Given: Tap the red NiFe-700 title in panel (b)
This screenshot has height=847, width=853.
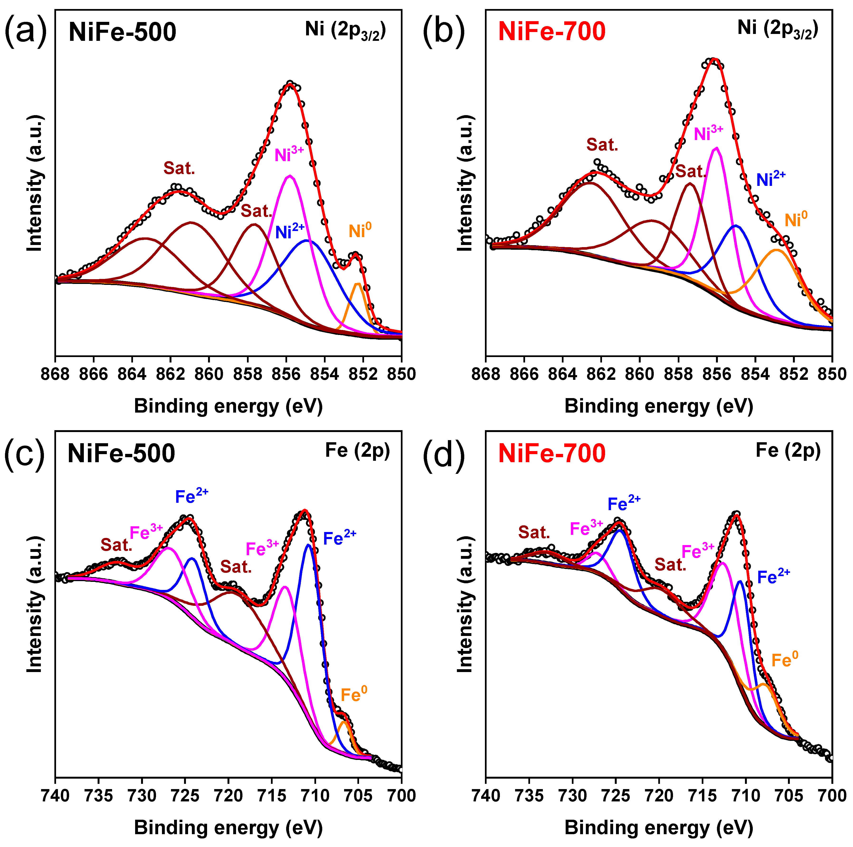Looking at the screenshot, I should point(552,32).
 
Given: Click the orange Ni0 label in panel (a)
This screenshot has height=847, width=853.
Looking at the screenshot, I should point(360,231).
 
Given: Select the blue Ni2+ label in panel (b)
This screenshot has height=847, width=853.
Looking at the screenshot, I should point(771,179).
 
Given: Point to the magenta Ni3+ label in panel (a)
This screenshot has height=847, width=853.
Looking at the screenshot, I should point(289,155).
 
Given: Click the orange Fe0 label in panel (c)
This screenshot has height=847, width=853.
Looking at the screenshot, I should point(354,695).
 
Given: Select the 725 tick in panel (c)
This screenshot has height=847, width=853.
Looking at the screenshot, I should point(185,796).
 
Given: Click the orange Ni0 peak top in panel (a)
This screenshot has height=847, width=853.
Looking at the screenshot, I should point(358,284).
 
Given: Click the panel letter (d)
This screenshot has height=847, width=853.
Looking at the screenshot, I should point(444,455).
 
